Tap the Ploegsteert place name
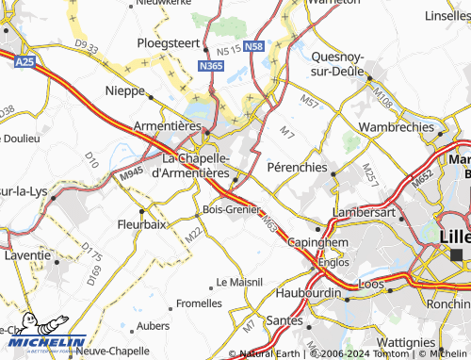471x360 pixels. point(169,43)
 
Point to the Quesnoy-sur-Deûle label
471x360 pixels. point(343,60)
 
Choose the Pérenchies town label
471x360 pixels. point(297,167)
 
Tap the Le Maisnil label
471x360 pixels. point(239,281)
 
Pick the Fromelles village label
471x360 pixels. point(199,303)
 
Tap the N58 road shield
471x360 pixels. point(253,46)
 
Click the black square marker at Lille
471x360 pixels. point(457,254)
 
